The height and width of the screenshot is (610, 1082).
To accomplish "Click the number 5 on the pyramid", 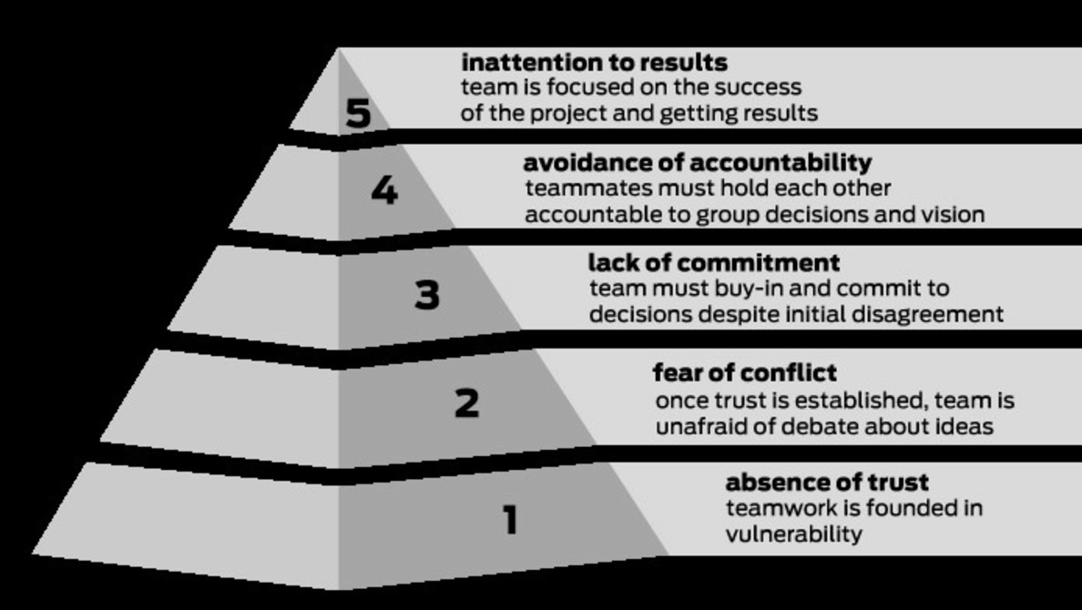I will (359, 114).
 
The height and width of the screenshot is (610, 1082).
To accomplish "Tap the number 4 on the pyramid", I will (384, 190).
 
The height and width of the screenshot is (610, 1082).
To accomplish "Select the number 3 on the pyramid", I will (427, 295).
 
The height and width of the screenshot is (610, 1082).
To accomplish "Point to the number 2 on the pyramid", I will (466, 402).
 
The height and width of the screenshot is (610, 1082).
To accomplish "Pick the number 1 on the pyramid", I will (510, 520).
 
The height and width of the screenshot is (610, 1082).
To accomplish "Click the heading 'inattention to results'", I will (594, 63).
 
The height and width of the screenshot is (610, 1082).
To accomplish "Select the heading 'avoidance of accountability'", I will (697, 163).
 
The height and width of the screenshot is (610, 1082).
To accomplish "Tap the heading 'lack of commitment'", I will (713, 263).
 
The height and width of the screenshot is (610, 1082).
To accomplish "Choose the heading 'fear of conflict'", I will (744, 373).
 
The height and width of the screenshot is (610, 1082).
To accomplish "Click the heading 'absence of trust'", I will (827, 483).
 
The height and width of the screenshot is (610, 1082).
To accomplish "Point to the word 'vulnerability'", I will (793, 534).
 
